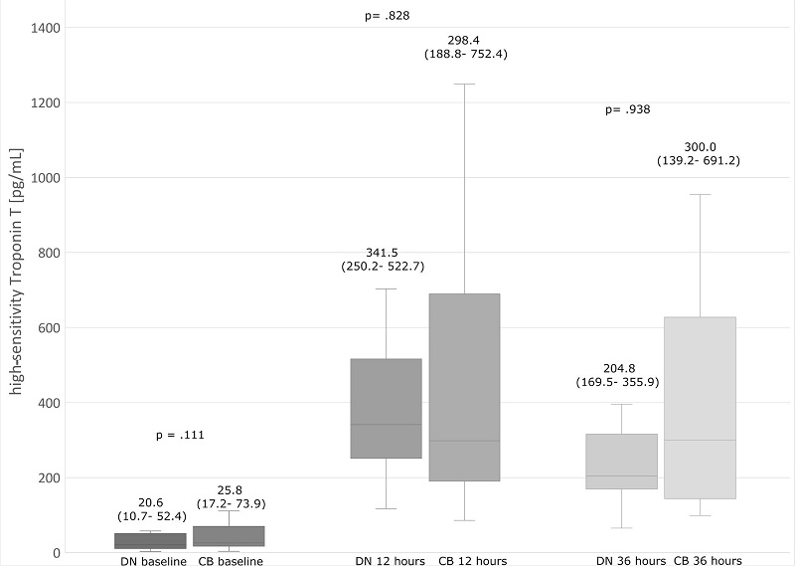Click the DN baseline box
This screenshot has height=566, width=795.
[x=150, y=541]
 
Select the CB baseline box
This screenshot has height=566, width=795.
[x=230, y=536]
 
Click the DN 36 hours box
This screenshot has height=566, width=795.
[x=622, y=462]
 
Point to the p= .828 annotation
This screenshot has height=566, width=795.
[x=389, y=16]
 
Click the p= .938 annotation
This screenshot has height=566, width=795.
[x=627, y=110]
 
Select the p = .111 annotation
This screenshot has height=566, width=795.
[x=180, y=436]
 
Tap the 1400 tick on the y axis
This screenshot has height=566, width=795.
[x=43, y=28]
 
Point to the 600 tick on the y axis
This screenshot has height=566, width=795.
[x=47, y=328]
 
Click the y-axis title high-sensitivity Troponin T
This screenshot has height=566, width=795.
[x=17, y=281]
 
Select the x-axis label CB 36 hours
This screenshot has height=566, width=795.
[x=707, y=561]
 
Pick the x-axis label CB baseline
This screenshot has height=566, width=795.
[x=230, y=561]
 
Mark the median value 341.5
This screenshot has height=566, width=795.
[x=384, y=252]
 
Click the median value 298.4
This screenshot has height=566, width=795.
[x=465, y=39]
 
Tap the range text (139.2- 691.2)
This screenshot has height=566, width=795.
[x=699, y=160]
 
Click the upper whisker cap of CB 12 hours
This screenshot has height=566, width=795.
[x=464, y=85]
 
